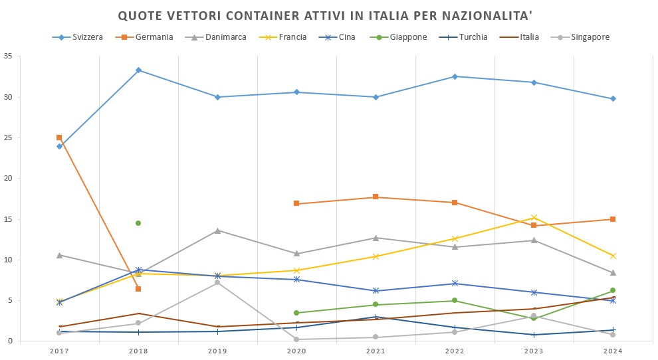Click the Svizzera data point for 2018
138,70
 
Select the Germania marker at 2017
59,137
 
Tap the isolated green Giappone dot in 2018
138,223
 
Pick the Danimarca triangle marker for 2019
217,230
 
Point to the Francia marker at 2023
534,217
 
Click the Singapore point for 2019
217,282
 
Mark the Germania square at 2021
376,197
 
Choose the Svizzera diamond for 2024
613,98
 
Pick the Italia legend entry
529,37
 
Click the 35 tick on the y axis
8,56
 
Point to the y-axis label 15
8,219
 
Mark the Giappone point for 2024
613,290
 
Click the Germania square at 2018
138,289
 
